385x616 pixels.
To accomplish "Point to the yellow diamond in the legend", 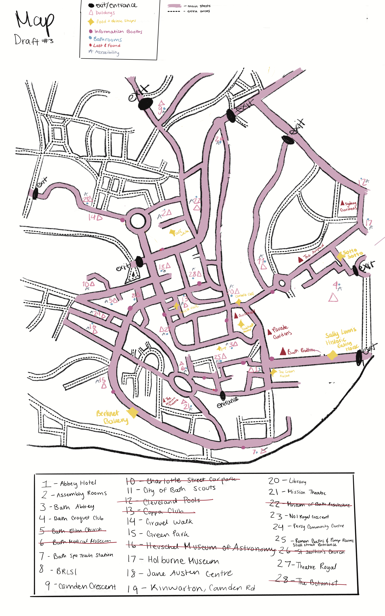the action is click(91, 22).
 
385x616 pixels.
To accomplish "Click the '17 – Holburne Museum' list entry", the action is click(173, 560).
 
